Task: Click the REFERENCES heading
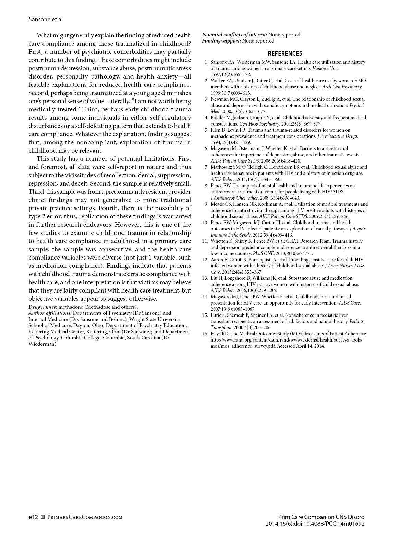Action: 285,53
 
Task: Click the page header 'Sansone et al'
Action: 46,19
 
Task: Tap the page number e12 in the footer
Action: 33,517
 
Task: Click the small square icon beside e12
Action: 43,517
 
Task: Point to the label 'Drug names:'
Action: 43,307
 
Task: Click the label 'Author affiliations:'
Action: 50,313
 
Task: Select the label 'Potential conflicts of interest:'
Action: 234,35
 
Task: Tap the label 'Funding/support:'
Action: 221,41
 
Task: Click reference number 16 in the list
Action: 205,334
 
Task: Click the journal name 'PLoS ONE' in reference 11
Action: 263,253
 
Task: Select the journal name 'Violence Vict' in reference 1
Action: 325,68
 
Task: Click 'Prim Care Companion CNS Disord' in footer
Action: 321,517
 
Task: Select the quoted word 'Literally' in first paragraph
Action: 118,101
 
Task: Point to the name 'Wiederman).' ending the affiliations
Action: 43,344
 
